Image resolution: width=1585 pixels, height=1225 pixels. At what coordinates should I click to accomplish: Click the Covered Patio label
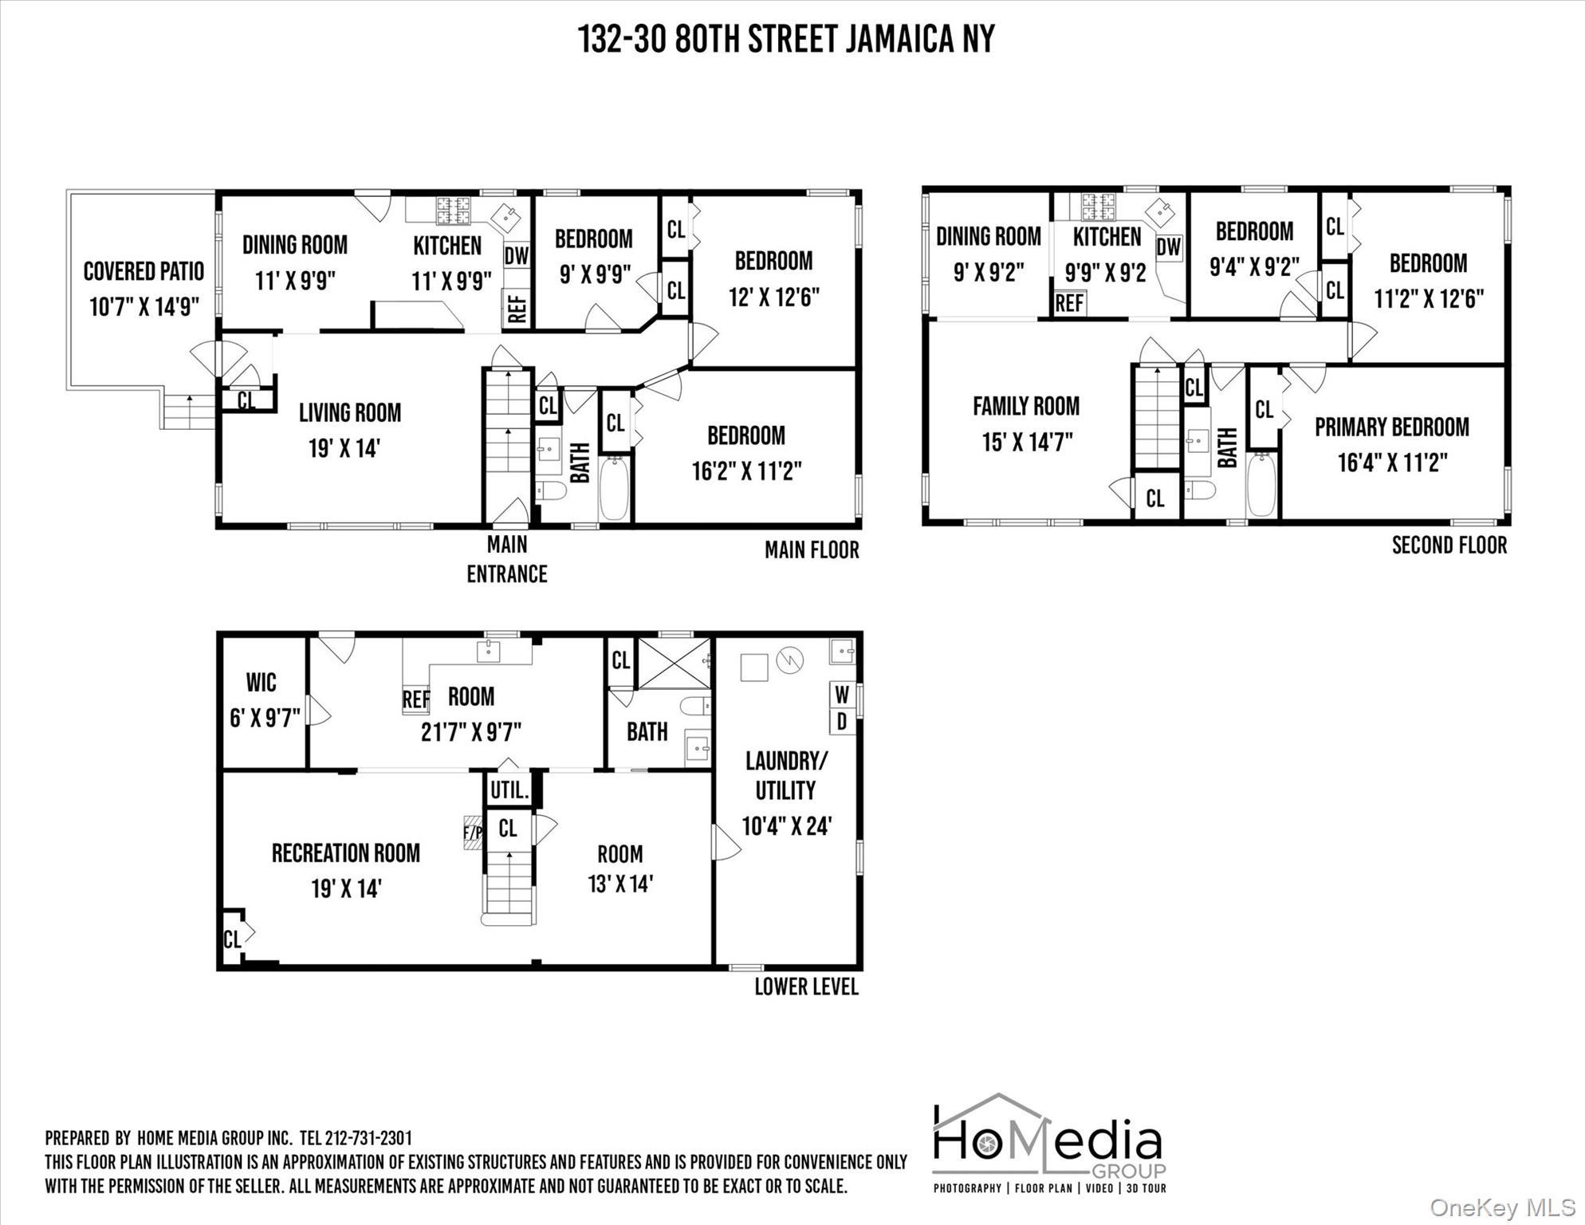point(144,271)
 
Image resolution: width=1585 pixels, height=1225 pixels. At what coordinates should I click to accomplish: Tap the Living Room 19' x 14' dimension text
point(344,448)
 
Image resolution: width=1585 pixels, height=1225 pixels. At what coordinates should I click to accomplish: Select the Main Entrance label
point(507,559)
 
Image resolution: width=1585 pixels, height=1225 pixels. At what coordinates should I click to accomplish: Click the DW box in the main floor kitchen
point(516,255)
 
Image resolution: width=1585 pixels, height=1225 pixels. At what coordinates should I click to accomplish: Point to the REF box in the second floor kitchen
point(1069,303)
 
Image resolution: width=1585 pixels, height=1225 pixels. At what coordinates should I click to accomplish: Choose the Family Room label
point(1026,406)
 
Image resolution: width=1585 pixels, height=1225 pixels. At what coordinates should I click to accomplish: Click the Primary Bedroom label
point(1391,427)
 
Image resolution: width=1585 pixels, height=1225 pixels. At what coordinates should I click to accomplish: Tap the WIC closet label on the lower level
point(262,683)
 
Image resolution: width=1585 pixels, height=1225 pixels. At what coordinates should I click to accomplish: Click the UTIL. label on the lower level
point(509,791)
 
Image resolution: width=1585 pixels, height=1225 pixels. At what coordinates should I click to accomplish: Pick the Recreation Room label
point(345,853)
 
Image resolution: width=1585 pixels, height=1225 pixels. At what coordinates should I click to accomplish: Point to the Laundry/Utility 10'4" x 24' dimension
point(787,826)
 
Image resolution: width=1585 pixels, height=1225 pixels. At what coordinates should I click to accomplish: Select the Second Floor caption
point(1449,546)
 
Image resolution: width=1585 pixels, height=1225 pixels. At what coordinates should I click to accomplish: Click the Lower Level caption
point(806,987)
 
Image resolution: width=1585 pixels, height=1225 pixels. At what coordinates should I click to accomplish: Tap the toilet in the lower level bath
point(695,705)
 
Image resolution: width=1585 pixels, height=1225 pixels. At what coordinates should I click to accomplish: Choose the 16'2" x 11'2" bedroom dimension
point(746,471)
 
